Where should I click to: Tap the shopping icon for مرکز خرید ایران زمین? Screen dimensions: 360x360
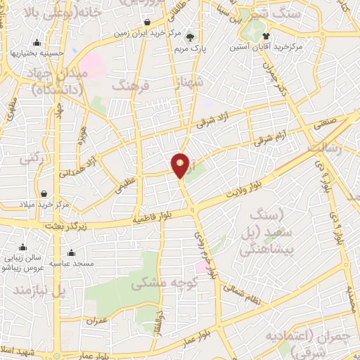pyautogui.click(x=146, y=22)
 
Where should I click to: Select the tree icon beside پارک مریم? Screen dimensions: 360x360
pyautogui.click(x=191, y=37)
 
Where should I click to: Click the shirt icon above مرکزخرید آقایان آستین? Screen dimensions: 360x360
pyautogui.click(x=266, y=36)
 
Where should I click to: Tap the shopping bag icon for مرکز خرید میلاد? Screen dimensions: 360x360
pyautogui.click(x=44, y=194)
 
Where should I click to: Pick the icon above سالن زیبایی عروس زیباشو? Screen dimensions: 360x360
pyautogui.click(x=24, y=247)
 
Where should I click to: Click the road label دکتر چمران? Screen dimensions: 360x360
pyautogui.click(x=276, y=79)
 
